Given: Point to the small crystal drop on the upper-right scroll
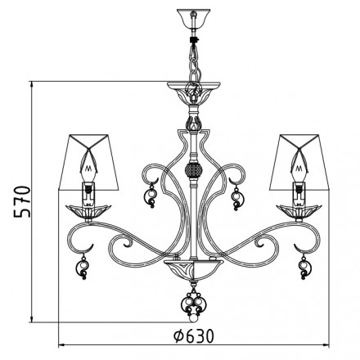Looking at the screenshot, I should pyautogui.click(x=238, y=196).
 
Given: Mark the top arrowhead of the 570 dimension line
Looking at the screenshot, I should pyautogui.click(x=33, y=83).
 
